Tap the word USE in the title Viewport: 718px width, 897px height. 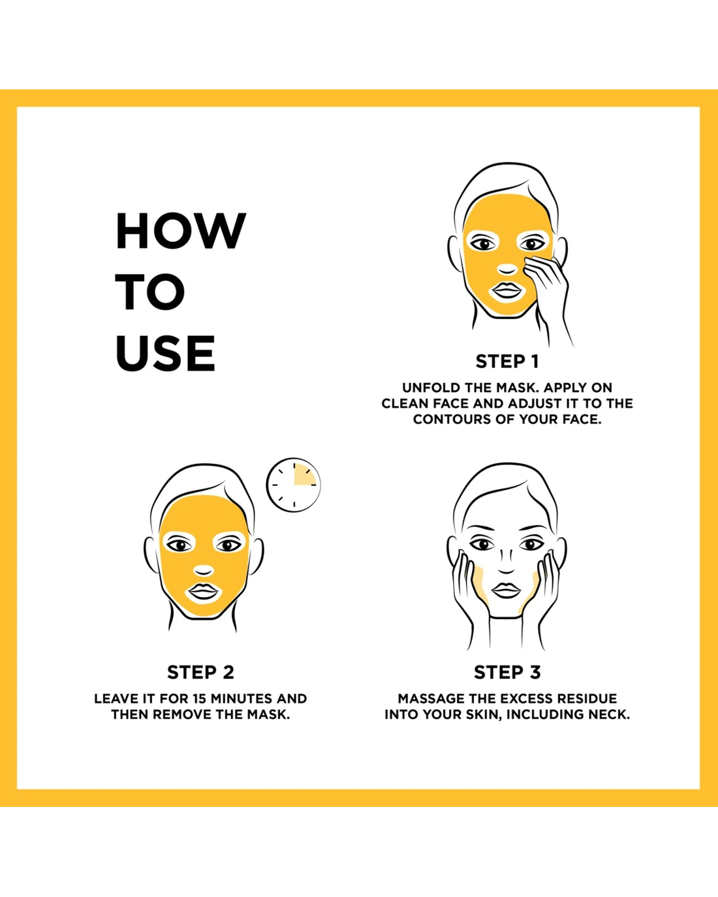pos(165,353)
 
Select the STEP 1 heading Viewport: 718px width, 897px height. pos(507,361)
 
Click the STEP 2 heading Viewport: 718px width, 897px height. pos(200,673)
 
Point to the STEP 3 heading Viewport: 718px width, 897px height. pos(507,673)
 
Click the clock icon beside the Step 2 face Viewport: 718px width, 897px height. pos(294,485)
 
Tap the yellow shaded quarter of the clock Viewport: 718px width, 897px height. pos(304,475)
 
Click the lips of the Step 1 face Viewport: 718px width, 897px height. pos(507,290)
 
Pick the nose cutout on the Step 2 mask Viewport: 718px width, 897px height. pos(203,570)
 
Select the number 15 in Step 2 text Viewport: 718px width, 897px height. pos(200,699)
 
